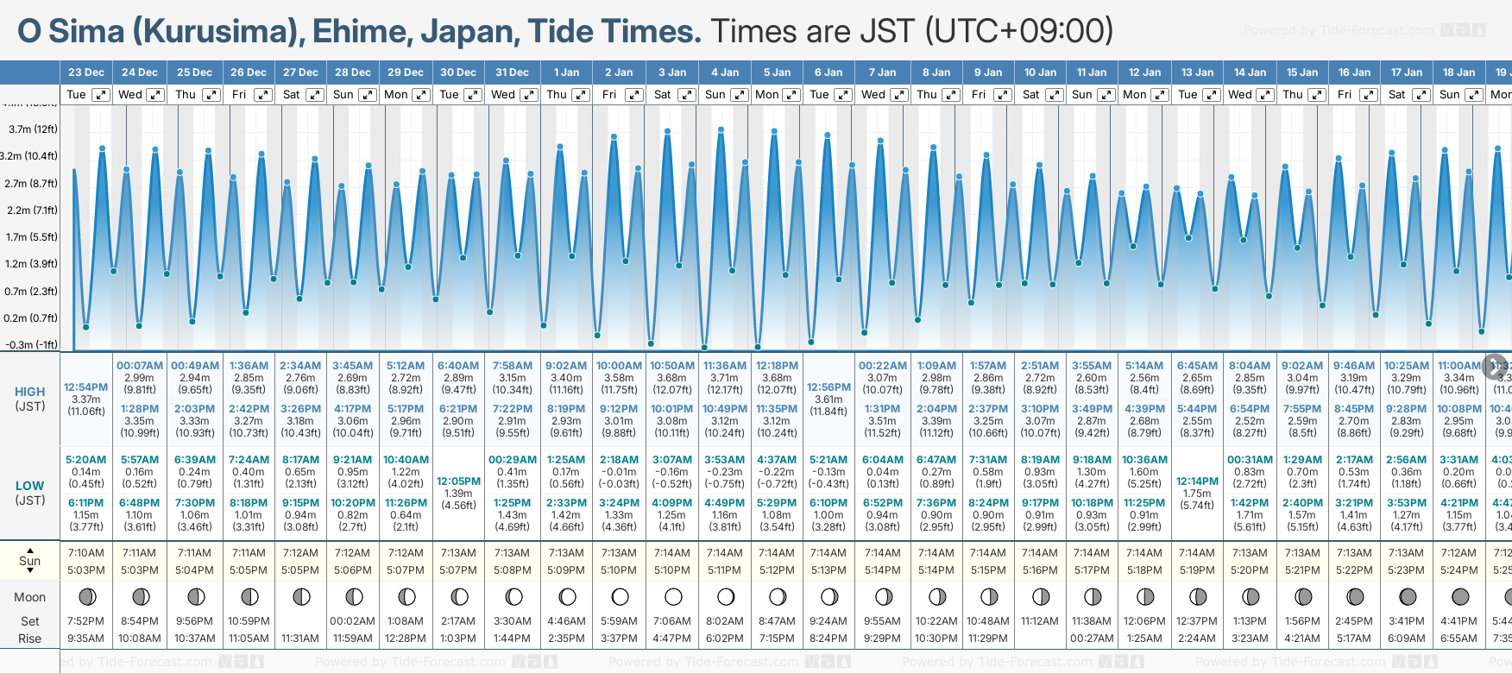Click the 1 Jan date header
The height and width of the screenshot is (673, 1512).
click(566, 72)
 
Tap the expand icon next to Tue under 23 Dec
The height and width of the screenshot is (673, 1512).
click(101, 95)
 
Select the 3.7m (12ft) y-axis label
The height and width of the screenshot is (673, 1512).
click(33, 129)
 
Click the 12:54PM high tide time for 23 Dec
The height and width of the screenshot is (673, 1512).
click(86, 387)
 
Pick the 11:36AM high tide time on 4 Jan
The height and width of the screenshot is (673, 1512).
click(725, 366)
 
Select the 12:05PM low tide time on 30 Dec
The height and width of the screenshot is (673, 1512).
click(458, 481)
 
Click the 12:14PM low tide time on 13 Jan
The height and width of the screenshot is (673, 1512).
click(1197, 481)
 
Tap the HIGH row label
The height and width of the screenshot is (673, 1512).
click(30, 393)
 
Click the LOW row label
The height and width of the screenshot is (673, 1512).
click(30, 486)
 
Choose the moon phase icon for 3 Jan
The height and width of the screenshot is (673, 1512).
click(673, 596)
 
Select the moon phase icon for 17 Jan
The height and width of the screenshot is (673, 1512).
click(1407, 596)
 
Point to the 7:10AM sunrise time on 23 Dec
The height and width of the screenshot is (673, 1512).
click(86, 553)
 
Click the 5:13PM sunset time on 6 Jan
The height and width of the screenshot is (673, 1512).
click(828, 570)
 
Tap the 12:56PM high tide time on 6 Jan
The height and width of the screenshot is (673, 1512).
click(828, 387)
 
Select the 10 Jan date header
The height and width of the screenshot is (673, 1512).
click(1040, 72)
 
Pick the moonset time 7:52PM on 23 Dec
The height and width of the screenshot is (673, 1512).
click(86, 621)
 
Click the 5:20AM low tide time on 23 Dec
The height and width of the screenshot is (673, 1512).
click(86, 460)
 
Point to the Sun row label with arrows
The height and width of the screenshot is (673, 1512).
click(30, 560)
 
